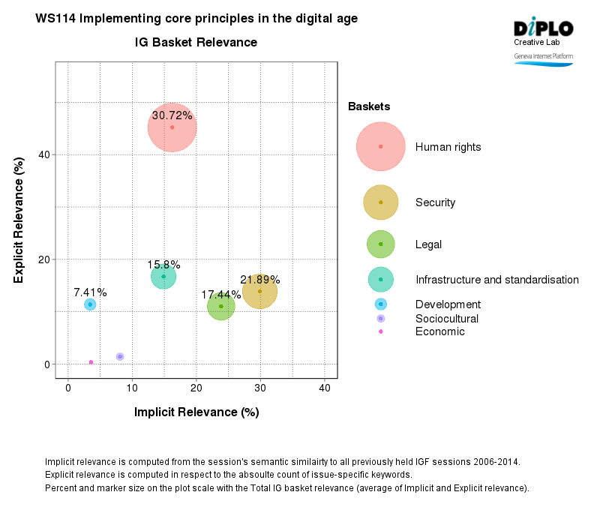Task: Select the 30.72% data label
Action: click(x=172, y=115)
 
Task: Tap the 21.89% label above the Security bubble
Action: click(x=259, y=280)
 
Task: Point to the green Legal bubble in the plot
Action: click(x=221, y=306)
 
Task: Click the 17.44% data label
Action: click(x=221, y=295)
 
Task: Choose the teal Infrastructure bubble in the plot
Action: click(x=163, y=277)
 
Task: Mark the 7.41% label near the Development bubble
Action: click(x=90, y=292)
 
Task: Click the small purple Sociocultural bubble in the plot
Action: click(x=120, y=357)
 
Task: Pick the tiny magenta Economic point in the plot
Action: click(x=91, y=362)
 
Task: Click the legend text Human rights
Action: click(x=448, y=147)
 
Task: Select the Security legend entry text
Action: click(x=435, y=202)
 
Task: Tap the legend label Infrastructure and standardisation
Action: click(x=496, y=280)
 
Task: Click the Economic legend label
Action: click(x=439, y=331)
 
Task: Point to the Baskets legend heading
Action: click(x=369, y=107)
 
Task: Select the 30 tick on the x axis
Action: click(x=260, y=388)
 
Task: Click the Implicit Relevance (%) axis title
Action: click(x=196, y=412)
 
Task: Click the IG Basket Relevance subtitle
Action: click(x=196, y=43)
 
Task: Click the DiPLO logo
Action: click(x=544, y=28)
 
